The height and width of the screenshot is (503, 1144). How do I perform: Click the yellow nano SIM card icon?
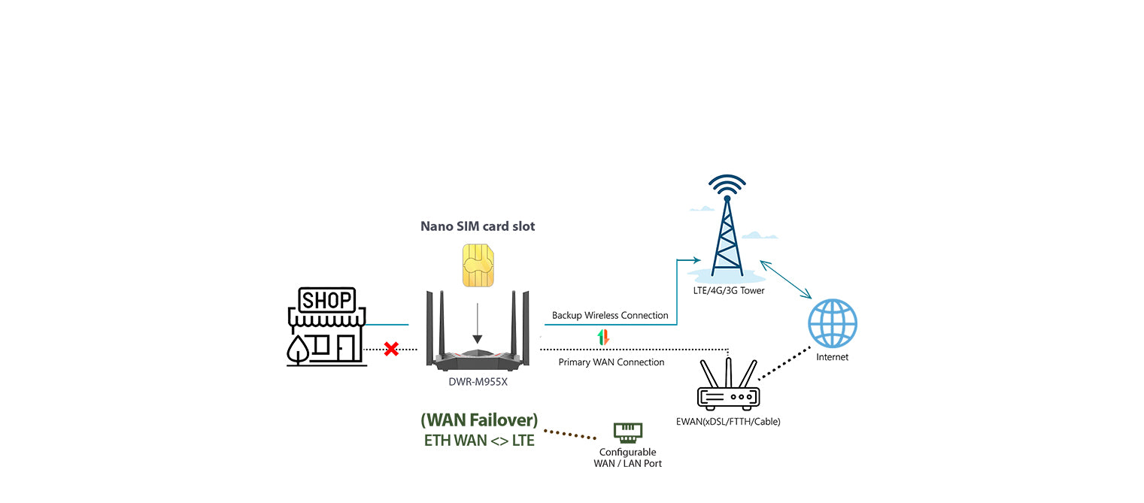pyautogui.click(x=478, y=265)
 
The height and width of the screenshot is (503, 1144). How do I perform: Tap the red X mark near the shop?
pyautogui.click(x=391, y=349)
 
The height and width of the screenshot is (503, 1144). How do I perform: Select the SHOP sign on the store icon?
pyautogui.click(x=326, y=301)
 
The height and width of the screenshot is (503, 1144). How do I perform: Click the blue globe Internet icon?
pyautogui.click(x=832, y=323)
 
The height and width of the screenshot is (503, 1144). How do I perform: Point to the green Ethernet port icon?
pyautogui.click(x=627, y=432)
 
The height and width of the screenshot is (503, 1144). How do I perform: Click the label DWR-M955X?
pyautogui.click(x=478, y=381)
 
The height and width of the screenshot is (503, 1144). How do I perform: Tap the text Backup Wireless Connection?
pyautogui.click(x=610, y=315)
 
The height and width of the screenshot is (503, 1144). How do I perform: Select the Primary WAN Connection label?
pyautogui.click(x=611, y=362)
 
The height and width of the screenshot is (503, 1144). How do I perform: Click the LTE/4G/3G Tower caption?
pyautogui.click(x=729, y=290)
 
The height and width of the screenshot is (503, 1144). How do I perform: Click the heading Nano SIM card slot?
pyautogui.click(x=478, y=226)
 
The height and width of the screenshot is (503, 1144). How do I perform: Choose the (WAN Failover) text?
pyautogui.click(x=479, y=420)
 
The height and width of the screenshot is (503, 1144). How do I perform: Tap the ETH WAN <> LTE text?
pyautogui.click(x=479, y=441)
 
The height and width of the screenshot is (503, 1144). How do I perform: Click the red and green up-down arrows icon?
pyautogui.click(x=602, y=338)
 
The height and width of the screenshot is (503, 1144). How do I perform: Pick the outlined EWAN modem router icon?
pyautogui.click(x=728, y=386)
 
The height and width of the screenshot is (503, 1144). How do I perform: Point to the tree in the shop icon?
pyautogui.click(x=299, y=347)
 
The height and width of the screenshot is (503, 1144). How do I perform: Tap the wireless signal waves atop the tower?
pyautogui.click(x=727, y=184)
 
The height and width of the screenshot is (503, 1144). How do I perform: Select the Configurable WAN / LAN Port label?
pyautogui.click(x=627, y=458)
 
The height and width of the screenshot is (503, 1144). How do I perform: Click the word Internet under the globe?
pyautogui.click(x=832, y=357)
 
